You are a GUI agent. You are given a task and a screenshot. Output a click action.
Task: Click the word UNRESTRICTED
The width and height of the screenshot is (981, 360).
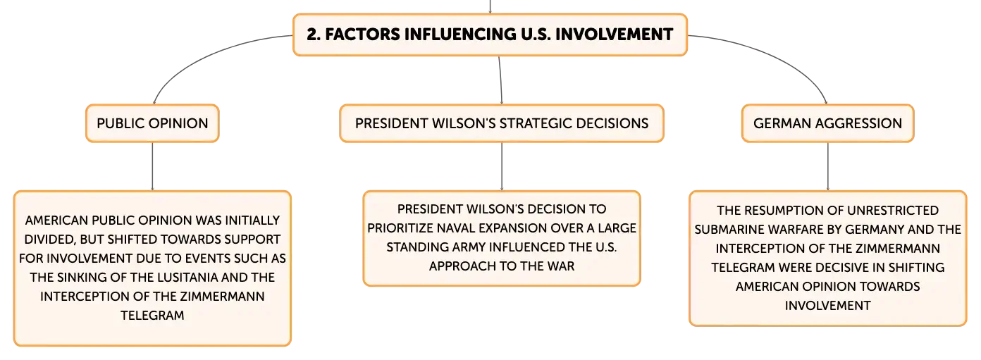coord(893,211)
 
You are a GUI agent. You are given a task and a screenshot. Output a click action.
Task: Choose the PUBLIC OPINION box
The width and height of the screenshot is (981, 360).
coord(152,123)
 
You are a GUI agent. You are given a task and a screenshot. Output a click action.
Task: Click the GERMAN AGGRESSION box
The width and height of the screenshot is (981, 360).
coord(827,123)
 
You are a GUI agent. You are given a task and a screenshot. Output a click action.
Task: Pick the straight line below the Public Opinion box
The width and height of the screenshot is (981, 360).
coord(152,166)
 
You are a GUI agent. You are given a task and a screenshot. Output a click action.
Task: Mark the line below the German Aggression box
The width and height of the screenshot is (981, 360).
coord(827,166)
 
